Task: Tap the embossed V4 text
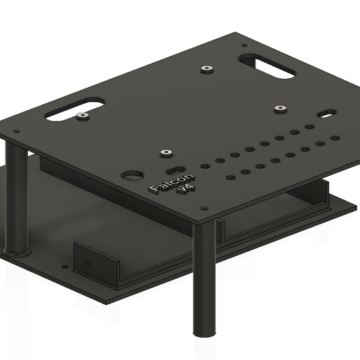(x=186, y=189)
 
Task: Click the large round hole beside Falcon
(x=131, y=175)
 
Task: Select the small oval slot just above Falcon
(x=176, y=170)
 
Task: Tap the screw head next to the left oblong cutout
(x=83, y=116)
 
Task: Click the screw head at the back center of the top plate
(x=207, y=69)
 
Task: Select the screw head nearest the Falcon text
(x=165, y=153)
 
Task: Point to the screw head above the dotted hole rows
(x=280, y=109)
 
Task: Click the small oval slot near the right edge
(x=326, y=112)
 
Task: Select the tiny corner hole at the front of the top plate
(x=204, y=208)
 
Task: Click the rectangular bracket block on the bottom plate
(x=96, y=263)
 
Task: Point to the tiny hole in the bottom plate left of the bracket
(x=64, y=265)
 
